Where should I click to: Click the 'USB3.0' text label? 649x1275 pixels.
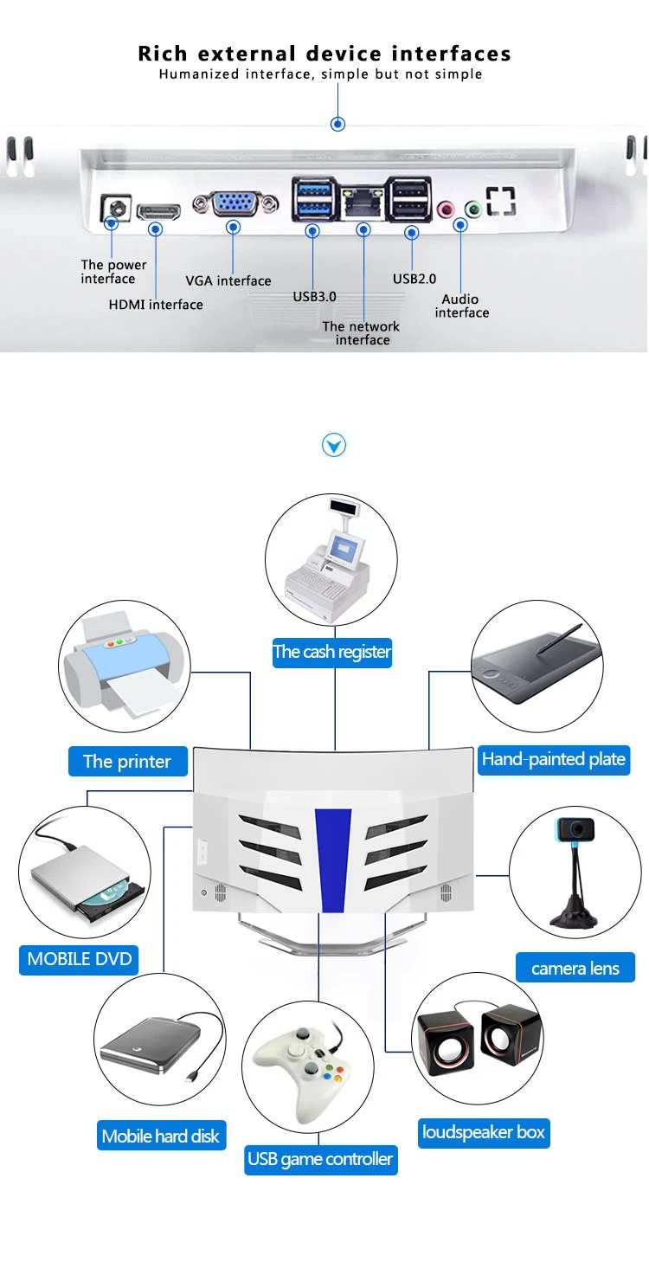click(x=314, y=296)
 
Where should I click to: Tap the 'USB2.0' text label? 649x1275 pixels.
click(x=414, y=279)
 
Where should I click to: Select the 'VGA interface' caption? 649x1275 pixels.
click(x=228, y=280)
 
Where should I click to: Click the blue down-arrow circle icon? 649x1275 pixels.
click(x=334, y=446)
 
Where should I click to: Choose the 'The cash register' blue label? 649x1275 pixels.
click(x=332, y=652)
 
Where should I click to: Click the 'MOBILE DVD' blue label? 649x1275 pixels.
click(x=80, y=959)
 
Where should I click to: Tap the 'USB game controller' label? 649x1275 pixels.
click(x=320, y=1159)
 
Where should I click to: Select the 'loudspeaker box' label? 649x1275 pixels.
click(x=484, y=1132)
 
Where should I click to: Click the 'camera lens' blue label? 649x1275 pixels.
click(x=575, y=968)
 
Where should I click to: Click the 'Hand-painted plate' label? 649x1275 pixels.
click(x=554, y=759)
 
